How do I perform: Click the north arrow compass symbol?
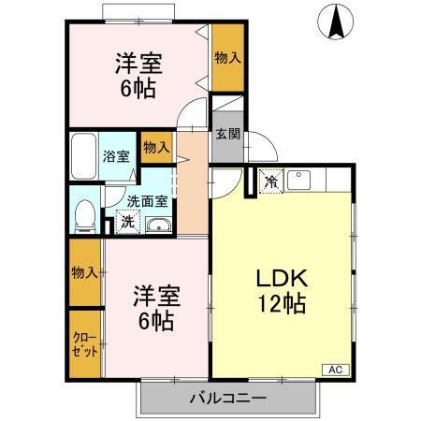point(336,22)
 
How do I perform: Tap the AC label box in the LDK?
point(336,370)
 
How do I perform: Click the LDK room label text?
point(282,278)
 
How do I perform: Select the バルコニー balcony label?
point(228,399)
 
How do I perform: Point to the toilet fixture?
point(85,216)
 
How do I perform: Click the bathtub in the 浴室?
point(83,156)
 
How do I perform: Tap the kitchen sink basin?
point(298,180)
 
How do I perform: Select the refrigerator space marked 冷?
point(271,181)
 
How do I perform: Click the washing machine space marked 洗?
point(127,222)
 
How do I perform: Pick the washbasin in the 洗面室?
point(159,225)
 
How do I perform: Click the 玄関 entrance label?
point(228,134)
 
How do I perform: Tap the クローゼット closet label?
point(85,344)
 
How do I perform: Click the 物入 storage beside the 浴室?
point(156,147)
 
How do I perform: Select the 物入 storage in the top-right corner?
point(228,58)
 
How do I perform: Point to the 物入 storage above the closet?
point(85,272)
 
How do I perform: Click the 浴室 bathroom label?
point(116,156)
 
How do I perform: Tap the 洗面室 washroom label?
point(147,201)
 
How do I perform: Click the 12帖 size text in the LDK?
point(282,304)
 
